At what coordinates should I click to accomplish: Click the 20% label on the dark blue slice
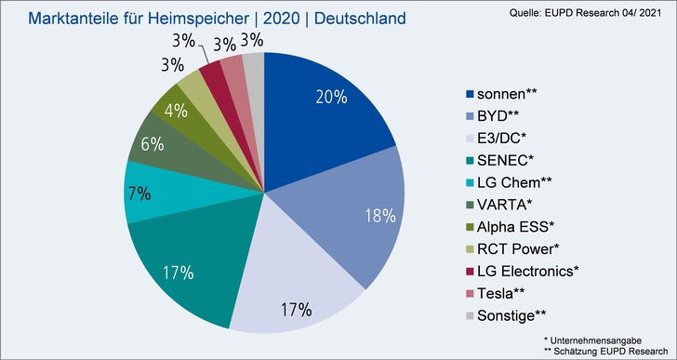[330, 97]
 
